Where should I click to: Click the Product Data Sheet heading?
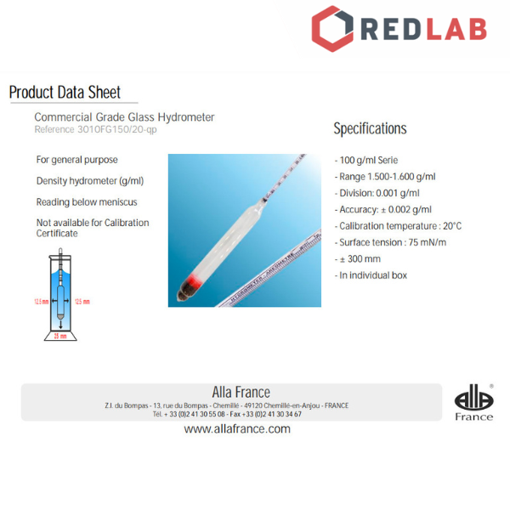tap(65, 93)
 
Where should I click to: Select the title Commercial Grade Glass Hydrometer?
tap(124, 117)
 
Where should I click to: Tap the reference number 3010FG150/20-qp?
tap(95, 130)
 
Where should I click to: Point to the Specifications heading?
tap(370, 129)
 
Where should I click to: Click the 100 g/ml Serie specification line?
tap(366, 161)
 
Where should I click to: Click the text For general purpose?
tap(76, 160)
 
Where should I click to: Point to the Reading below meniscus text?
tap(87, 202)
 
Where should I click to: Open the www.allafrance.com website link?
tap(237, 429)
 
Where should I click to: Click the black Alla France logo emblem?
tap(473, 398)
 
